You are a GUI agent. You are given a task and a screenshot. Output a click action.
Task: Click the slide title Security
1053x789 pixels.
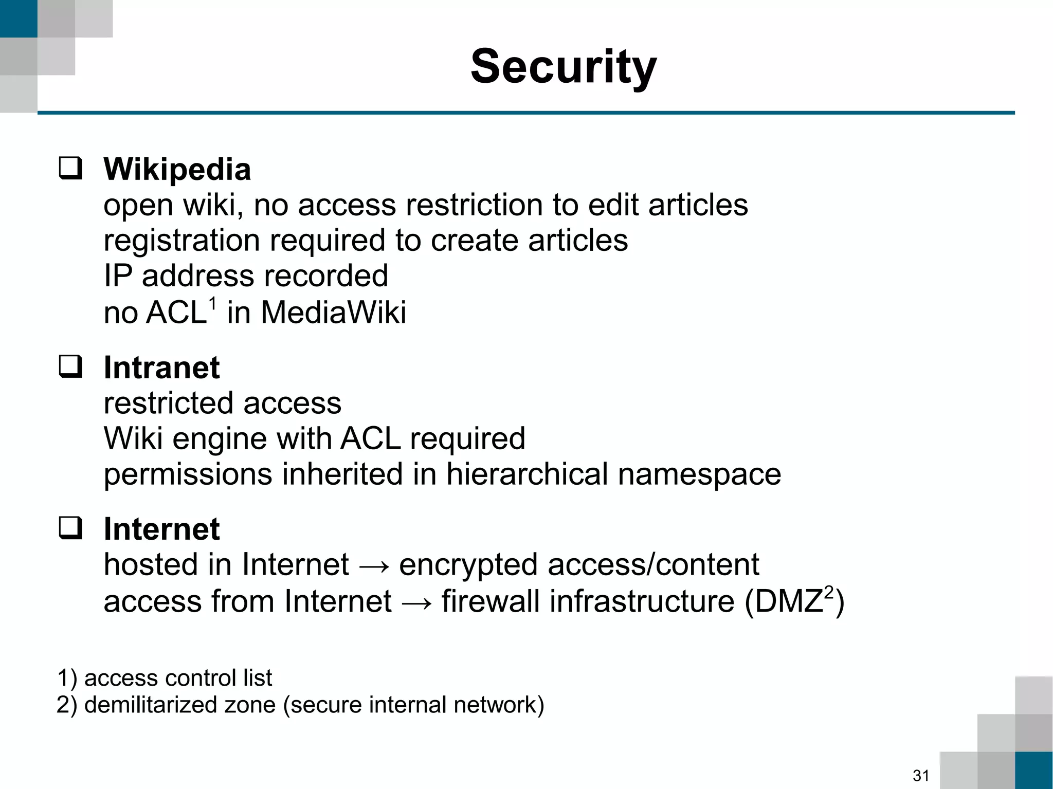pos(564,67)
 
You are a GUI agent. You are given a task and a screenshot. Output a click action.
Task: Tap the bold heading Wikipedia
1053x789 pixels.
pos(177,169)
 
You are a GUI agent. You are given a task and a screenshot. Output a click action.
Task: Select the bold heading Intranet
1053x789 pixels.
pos(161,368)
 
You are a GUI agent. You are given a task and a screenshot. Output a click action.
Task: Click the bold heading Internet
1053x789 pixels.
pos(161,529)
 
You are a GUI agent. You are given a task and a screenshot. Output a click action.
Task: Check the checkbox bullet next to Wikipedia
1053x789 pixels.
pos(70,169)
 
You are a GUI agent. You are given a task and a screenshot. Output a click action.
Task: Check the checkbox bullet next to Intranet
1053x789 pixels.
pos(70,367)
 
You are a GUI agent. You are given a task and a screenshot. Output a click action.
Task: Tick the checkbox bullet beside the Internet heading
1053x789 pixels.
pos(70,528)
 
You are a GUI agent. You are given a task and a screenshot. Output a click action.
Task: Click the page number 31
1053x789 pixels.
pos(921,775)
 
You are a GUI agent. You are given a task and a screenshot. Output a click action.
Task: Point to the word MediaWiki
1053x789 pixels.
pos(333,312)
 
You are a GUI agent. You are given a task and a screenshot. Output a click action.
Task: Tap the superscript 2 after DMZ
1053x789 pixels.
pos(828,592)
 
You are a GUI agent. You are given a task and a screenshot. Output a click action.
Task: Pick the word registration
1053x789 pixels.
pos(181,241)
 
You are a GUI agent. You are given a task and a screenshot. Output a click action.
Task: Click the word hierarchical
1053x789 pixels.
pos(528,474)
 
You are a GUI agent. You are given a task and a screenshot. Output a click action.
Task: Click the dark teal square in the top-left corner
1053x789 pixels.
pos(19,19)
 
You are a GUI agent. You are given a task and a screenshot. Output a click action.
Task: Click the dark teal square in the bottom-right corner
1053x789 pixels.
pos(1034,770)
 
